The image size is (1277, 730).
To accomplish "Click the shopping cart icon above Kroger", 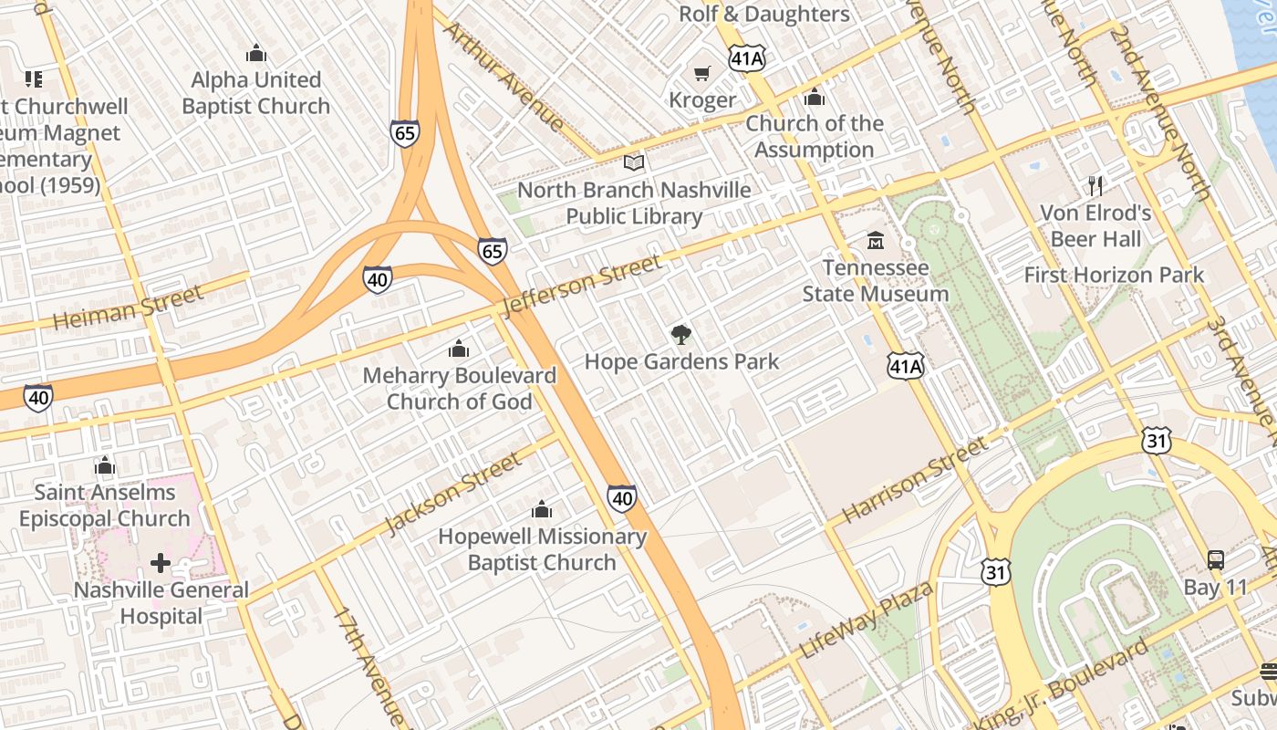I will [701, 73].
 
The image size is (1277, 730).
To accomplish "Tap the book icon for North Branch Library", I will [634, 163].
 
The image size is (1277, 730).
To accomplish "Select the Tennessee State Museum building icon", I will [876, 241].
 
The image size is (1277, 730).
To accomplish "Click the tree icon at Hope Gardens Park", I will [680, 335].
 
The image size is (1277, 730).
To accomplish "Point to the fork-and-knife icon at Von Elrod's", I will [1095, 186].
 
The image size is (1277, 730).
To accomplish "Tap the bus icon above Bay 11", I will [1215, 560].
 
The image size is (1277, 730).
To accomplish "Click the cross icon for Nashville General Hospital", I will [161, 563].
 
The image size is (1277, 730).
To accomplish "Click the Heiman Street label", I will [128, 308].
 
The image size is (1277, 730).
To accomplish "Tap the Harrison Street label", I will [914, 479].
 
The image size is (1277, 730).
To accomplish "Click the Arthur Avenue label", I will [504, 76].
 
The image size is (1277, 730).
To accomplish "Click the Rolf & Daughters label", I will [764, 15].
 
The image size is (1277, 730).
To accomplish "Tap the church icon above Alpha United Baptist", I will [255, 53].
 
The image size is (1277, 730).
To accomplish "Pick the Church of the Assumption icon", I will [814, 97].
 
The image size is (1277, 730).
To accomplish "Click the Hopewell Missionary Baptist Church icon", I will [542, 509].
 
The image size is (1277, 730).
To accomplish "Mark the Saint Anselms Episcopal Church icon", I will [105, 466].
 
